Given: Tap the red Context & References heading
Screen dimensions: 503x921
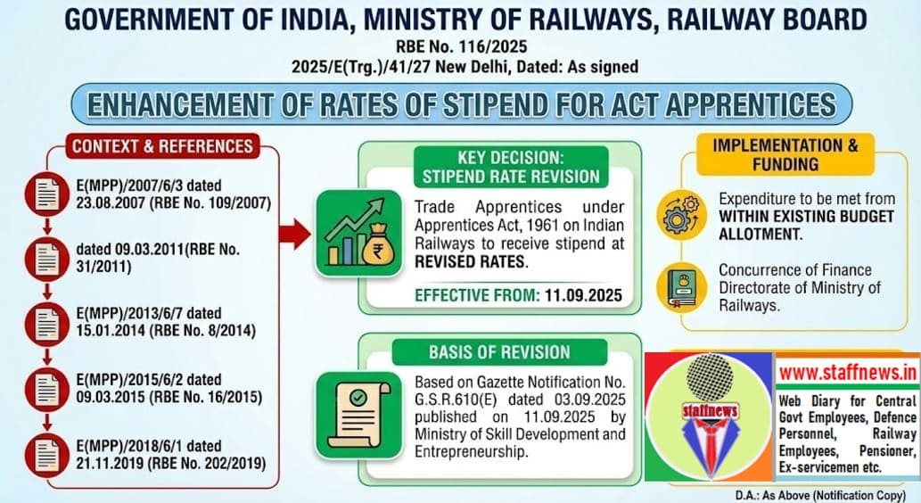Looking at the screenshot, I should [x=161, y=145].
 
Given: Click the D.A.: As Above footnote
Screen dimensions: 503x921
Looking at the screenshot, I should [x=818, y=494].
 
